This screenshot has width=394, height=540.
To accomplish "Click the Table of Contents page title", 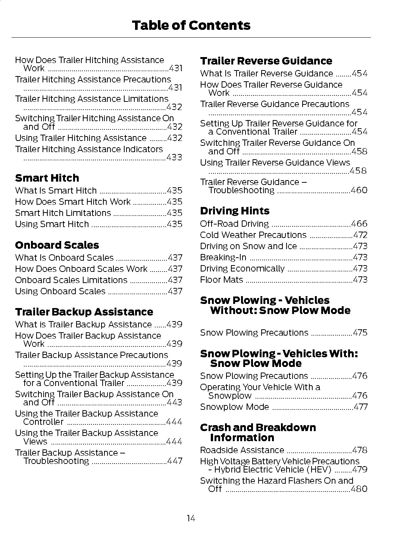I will pos(191,25).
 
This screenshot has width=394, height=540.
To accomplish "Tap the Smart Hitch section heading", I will pos(47,178).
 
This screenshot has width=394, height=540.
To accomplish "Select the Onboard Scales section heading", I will pos(57,245).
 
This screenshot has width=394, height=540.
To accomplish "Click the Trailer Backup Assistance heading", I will pos(84,312).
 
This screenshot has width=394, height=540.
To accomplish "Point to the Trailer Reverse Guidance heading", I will pos(266,61).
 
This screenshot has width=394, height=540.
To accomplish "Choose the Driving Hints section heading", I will pos(234,211).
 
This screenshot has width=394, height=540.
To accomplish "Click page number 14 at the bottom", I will pos(191,518).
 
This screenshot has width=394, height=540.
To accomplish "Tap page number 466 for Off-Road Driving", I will pos(359,224).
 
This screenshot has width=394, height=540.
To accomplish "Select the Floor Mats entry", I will pos(221,280).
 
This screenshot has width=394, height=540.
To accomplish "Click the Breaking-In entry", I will pos(223,257).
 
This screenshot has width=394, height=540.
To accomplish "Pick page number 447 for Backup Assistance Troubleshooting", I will pos(175,461).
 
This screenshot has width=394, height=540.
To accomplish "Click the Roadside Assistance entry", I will pos(242,450).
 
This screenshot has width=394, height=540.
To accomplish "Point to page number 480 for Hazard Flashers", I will pos(359,489).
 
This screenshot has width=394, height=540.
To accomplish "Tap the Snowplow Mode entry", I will pos(234,407).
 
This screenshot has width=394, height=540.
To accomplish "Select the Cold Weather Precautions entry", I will pos(253,235).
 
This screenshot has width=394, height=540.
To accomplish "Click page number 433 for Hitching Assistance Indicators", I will pos(174,157).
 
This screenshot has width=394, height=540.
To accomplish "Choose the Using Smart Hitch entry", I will pos(52,224).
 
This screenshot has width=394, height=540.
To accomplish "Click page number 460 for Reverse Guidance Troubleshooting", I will pos(359,190).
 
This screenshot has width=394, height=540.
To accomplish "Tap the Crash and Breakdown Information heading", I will pos(257,432).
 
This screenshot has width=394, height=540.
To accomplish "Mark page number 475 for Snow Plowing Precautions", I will pos(360,333).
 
